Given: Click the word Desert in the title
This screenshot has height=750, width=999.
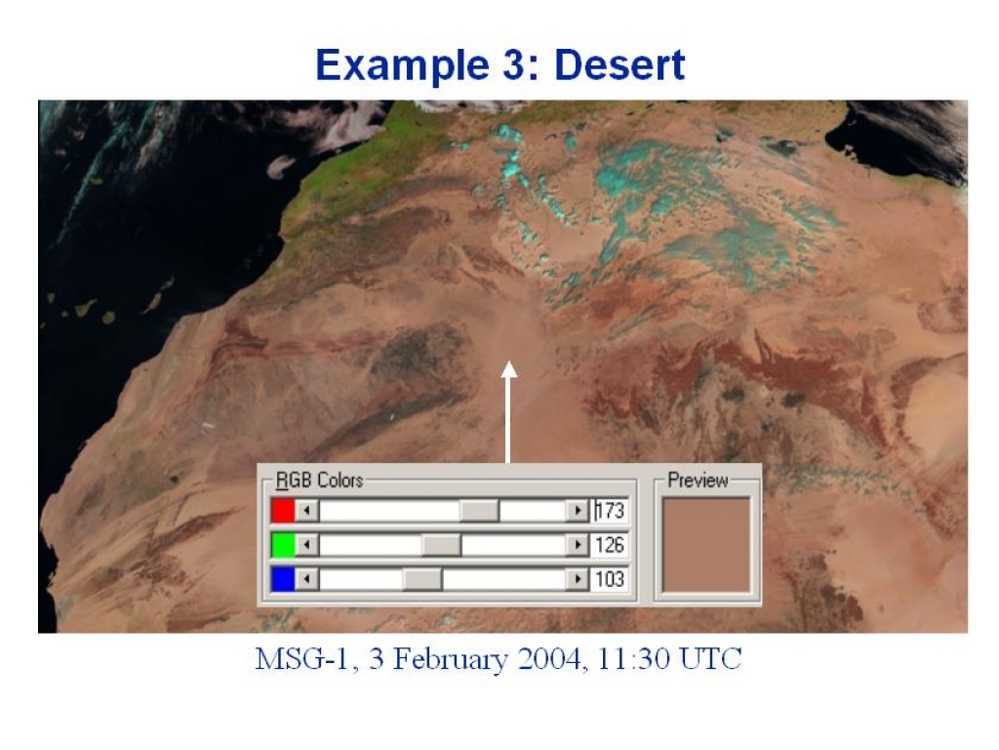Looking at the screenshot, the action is pos(619,65).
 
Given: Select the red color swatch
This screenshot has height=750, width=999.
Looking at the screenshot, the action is pos(283,510).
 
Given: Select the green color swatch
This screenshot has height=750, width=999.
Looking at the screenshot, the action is pos(283,545).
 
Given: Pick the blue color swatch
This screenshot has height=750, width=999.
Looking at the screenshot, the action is pos(283,579).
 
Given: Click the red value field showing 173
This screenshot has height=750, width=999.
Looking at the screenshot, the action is pos(610,510).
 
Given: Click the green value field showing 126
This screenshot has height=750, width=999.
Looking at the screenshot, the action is pos(610,545).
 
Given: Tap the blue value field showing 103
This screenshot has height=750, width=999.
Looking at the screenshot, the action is pos(610,579).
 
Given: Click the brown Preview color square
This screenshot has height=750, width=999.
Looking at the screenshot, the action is pos(706,545).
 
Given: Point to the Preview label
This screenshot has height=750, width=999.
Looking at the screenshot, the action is pos(698,480).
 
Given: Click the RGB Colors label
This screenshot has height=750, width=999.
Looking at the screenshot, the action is pos(319,480).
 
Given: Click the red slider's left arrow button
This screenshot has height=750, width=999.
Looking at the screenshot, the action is pos(307,510).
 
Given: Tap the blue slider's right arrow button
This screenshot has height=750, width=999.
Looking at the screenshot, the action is pos(578,579).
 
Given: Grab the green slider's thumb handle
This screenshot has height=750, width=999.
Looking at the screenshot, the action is pos(442,545).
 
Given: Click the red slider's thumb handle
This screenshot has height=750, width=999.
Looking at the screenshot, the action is pos(480,510).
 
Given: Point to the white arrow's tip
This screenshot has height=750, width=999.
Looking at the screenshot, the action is pos(508,361).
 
